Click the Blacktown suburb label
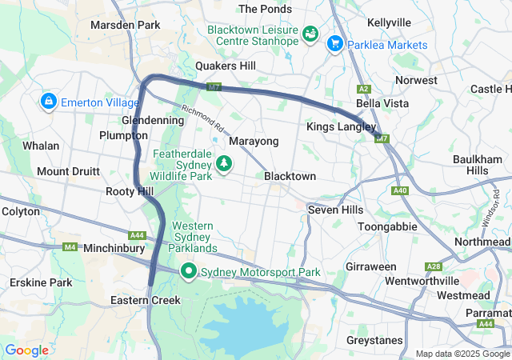(290, 176)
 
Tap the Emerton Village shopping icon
(48, 101)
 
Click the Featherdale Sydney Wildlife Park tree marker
(225, 163)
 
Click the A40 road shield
(400, 190)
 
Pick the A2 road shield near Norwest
(365, 89)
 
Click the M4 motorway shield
(70, 247)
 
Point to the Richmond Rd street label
(202, 119)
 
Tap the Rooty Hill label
(130, 192)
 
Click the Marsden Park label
(126, 25)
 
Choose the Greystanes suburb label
(374, 340)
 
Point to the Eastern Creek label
(146, 300)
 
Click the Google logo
(26, 350)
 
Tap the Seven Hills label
(335, 210)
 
